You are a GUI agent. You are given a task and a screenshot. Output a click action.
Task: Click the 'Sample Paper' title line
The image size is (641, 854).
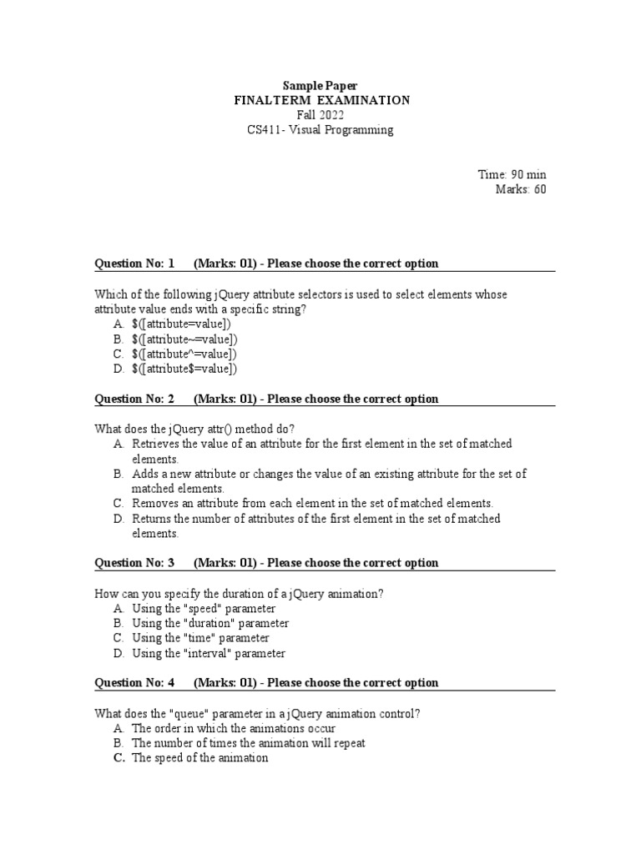320,85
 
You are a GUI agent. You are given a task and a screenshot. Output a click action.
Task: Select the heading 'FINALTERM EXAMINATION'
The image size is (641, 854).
320,100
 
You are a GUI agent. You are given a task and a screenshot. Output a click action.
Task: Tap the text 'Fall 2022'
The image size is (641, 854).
320,115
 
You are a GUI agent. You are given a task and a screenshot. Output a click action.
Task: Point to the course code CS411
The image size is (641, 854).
265,130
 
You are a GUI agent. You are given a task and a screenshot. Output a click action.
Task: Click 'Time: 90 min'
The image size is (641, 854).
512,174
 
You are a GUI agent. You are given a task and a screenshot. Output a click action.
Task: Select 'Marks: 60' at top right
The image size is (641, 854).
521,189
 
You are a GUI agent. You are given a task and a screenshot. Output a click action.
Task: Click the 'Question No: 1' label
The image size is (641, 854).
134,264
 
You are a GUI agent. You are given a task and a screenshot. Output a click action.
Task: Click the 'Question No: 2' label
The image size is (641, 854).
134,399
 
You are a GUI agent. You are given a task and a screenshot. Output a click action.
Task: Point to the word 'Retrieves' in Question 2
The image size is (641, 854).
155,444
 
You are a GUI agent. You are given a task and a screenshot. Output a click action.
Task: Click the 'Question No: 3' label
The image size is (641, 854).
134,563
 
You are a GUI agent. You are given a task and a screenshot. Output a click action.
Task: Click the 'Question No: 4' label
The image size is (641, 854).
134,683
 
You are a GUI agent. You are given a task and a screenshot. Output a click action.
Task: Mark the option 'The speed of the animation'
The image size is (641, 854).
199,758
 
